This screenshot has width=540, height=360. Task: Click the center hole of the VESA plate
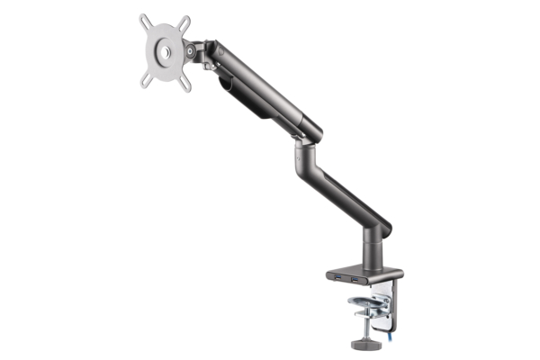164,51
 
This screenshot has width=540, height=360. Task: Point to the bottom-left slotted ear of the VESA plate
145,82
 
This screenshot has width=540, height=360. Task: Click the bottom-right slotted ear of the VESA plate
185,84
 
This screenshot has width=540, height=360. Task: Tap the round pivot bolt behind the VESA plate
191,52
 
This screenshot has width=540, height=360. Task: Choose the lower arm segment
342,184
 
